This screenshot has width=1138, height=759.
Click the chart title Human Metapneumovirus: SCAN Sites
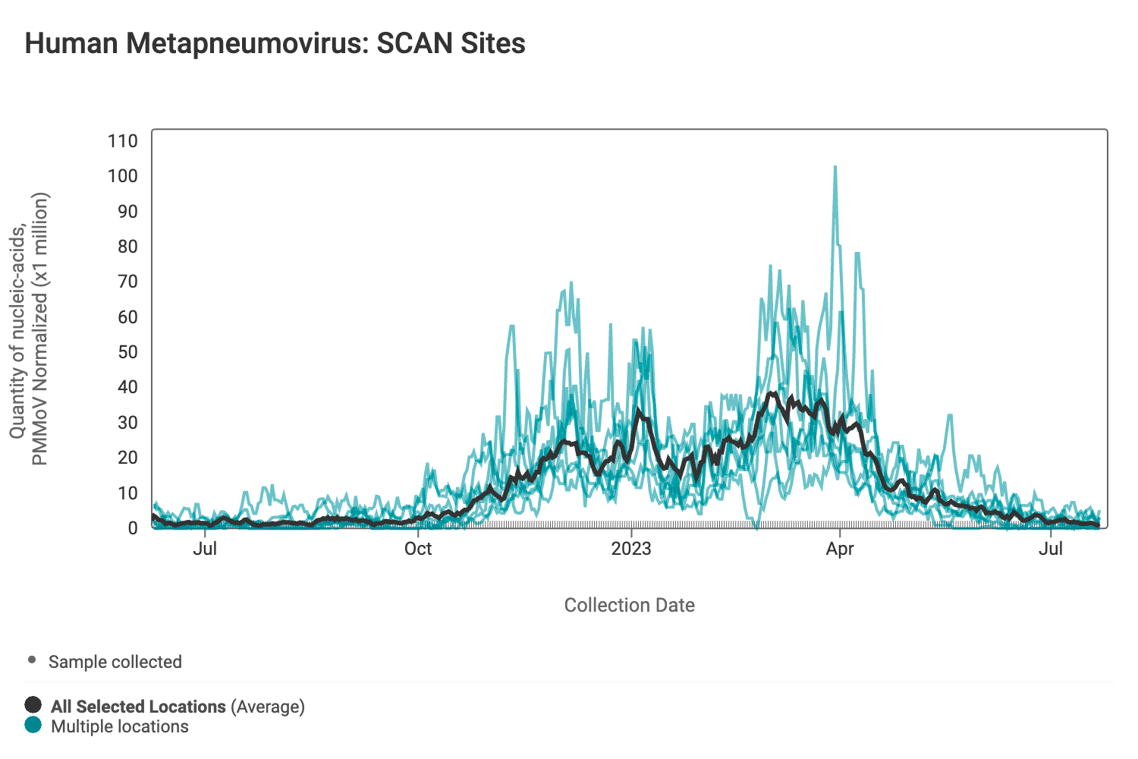pos(275,43)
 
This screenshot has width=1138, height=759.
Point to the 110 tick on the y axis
pos(123,140)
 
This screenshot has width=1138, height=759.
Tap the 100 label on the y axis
pos(123,176)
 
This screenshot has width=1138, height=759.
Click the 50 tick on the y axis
pos(127,352)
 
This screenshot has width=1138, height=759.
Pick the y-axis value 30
pos(127,423)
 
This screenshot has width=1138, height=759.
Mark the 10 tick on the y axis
pos(127,493)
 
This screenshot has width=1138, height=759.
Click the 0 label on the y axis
pos(133,528)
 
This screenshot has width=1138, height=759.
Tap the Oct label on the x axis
pos(418,549)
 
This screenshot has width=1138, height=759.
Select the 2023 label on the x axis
pos(631,549)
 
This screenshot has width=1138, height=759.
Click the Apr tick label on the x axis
pos(840,549)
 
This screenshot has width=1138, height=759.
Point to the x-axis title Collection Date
pos(629,605)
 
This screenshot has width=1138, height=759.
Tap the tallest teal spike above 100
pos(835,168)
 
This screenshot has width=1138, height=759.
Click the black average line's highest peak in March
pos(773,393)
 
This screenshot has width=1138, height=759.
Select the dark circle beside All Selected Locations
pos(33,705)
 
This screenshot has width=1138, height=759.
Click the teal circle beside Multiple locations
pos(33,725)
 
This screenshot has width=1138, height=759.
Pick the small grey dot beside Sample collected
pos(32,660)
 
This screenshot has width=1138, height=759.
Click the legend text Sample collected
pos(115,662)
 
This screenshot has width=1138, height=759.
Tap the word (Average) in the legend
pos(268,707)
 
